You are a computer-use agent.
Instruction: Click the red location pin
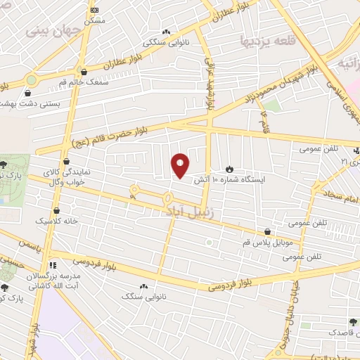click(181, 165)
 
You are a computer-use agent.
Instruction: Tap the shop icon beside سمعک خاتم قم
click(84, 71)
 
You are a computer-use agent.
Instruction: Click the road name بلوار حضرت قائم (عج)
click(114, 138)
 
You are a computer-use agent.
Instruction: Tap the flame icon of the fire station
click(229, 169)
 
